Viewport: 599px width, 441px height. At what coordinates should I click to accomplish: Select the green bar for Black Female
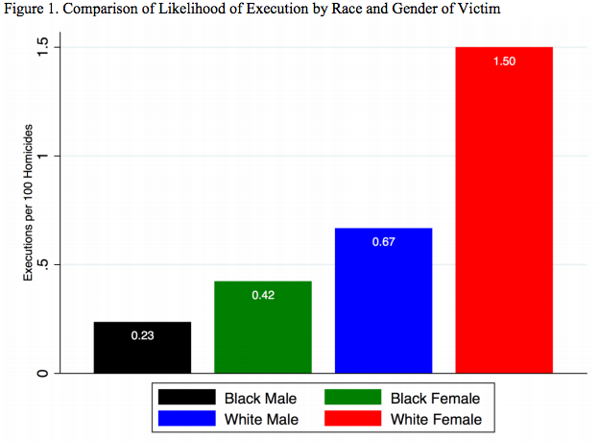tap(263, 327)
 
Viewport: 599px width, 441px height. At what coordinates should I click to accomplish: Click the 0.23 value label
tap(142, 336)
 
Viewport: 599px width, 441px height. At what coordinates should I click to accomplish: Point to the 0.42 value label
tap(263, 295)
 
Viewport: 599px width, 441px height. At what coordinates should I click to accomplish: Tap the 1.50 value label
tap(504, 61)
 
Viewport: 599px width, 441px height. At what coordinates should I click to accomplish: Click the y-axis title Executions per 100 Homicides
tap(28, 202)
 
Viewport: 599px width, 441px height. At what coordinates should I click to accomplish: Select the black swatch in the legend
tap(186, 398)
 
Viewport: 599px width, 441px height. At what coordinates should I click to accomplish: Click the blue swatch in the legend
tap(186, 419)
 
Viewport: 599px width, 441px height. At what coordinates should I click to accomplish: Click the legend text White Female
tap(436, 419)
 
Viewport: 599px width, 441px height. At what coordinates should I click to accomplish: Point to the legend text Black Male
tap(260, 398)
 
